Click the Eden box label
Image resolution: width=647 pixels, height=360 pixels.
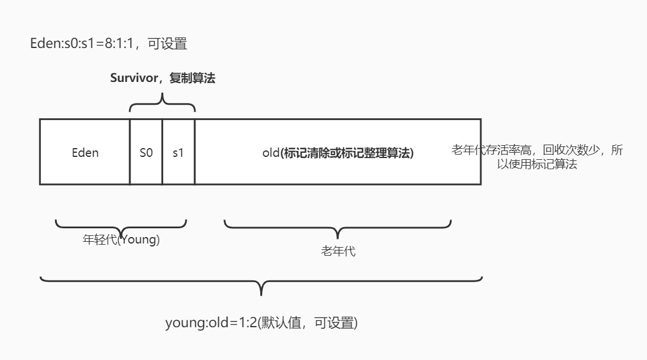(85, 153)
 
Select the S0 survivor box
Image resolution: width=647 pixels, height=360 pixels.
(146, 153)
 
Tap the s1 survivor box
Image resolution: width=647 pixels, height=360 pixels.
(178, 153)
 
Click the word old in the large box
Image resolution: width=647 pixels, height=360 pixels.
(271, 153)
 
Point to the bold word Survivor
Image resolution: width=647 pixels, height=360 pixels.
(133, 78)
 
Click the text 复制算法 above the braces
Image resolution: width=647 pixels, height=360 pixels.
(192, 78)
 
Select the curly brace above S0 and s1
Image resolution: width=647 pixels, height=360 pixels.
(162, 104)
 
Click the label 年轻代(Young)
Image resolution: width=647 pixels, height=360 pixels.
(121, 239)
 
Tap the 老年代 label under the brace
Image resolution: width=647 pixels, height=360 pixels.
(338, 252)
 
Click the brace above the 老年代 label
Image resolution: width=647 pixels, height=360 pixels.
(338, 228)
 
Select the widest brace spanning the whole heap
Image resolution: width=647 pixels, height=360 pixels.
(261, 283)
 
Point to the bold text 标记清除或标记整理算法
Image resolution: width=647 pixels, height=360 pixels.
(347, 153)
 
